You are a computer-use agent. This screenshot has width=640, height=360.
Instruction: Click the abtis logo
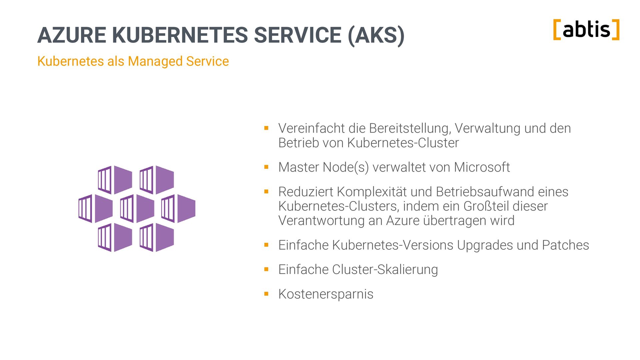pyautogui.click(x=586, y=30)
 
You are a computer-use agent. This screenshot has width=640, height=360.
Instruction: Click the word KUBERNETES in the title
pyautogui.click(x=180, y=35)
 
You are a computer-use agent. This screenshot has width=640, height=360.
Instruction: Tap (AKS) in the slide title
pyautogui.click(x=376, y=35)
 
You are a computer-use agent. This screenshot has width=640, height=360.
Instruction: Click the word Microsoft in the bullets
pyautogui.click(x=482, y=167)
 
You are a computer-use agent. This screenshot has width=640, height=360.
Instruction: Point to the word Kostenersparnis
pyautogui.click(x=326, y=294)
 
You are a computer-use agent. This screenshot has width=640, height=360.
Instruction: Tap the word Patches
pyautogui.click(x=565, y=245)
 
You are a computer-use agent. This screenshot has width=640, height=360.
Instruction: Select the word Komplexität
pyautogui.click(x=372, y=192)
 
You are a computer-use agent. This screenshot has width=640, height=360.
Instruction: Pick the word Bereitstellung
pyautogui.click(x=410, y=128)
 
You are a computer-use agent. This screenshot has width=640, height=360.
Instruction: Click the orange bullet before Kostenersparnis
pyautogui.click(x=266, y=294)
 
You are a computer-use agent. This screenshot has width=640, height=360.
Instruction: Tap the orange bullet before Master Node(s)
pyautogui.click(x=266, y=167)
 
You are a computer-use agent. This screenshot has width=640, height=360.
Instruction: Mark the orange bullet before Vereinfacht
pyautogui.click(x=266, y=128)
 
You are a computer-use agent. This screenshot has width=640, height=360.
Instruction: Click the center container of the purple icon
pyautogui.click(x=137, y=209)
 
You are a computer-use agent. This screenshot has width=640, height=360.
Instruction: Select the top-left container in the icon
pyautogui.click(x=115, y=180)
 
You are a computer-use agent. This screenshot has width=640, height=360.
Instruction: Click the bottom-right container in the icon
pyautogui.click(x=157, y=237)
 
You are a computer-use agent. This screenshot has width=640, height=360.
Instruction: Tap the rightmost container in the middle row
pyautogui.click(x=178, y=209)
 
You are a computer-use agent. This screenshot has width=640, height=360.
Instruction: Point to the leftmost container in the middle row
pyautogui.click(x=95, y=209)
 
